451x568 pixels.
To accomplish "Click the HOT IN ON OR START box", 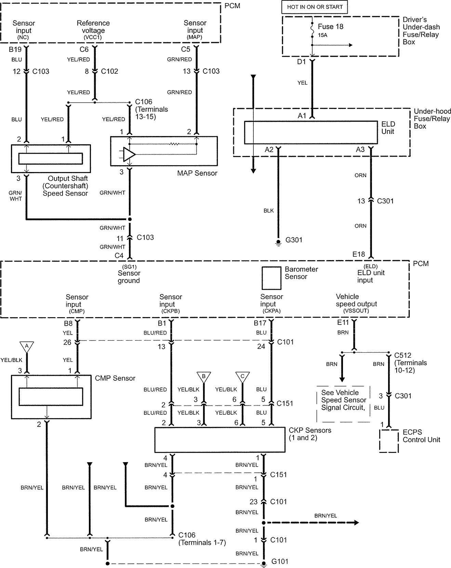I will (315, 7).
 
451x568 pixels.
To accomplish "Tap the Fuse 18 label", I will (330, 27).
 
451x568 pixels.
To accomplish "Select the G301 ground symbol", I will (278, 243).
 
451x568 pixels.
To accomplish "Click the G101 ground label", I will (280, 561).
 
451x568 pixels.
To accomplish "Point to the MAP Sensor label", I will (197, 173).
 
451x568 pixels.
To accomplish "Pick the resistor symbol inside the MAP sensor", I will (174, 144).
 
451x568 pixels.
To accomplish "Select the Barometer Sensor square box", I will (271, 278).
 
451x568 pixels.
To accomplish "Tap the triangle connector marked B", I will (204, 377).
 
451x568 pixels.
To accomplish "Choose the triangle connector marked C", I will (242, 377).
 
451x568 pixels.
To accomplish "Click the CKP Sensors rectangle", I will (220, 440).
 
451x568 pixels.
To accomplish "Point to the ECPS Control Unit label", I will (421, 436).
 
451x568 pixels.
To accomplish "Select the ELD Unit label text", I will (388, 128).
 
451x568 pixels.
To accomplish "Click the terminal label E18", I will (359, 254).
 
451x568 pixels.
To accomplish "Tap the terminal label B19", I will (15, 49).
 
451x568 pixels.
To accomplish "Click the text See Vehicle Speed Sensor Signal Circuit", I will (343, 400).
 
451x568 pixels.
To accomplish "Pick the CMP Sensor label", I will (115, 378).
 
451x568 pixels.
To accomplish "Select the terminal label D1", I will (301, 62).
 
